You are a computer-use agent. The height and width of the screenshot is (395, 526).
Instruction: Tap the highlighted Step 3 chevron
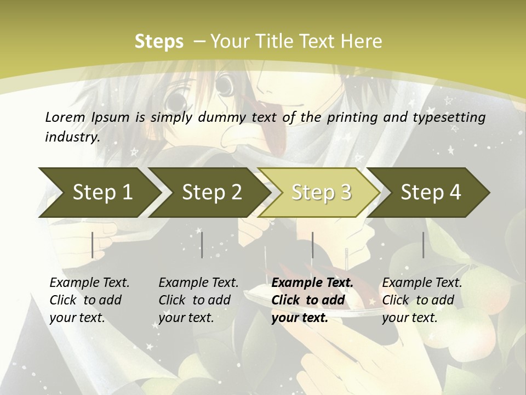[x=321, y=193]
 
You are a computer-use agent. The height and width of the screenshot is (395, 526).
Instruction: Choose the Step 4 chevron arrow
[x=431, y=193]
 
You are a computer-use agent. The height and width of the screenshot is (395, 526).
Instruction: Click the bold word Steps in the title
[x=159, y=42]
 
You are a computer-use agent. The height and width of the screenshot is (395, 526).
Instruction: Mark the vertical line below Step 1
[x=93, y=245]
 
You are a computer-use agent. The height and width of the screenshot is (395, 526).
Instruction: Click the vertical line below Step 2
[x=202, y=245]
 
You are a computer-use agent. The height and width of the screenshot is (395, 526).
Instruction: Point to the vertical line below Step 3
[x=312, y=245]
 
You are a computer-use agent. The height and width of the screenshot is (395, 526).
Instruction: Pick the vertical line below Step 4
[x=423, y=245]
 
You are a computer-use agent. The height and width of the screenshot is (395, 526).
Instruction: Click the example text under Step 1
[x=89, y=300]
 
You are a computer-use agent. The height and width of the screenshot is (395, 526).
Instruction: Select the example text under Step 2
[x=198, y=300]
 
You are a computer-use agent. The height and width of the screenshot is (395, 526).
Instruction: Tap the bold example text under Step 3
[x=312, y=300]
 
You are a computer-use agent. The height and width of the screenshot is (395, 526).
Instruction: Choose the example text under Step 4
[x=422, y=300]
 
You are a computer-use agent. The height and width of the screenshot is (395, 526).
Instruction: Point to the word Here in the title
[x=361, y=42]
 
